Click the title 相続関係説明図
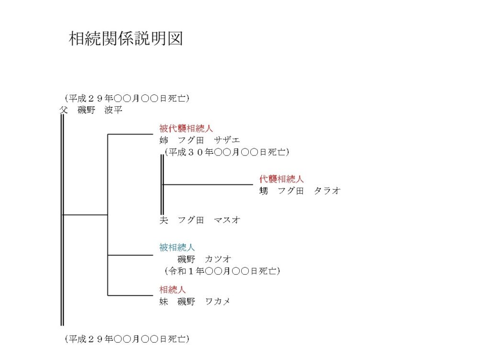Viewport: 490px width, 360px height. click(126, 38)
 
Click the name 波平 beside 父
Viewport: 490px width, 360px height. click(113, 110)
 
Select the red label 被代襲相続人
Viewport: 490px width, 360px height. click(186, 128)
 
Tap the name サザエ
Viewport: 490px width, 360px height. click(227, 140)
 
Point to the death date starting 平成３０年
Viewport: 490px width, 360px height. click(227, 152)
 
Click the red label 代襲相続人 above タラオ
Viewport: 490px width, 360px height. click(281, 179)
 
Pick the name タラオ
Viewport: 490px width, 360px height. click(327, 191)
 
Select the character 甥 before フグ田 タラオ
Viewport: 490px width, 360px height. click(264, 191)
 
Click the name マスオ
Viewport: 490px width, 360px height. click(227, 220)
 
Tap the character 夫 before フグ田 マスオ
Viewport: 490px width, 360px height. click(164, 220)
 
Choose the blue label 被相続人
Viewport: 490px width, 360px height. click(177, 247)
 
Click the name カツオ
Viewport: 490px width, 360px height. click(218, 259)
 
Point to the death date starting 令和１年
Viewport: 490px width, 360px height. click(222, 271)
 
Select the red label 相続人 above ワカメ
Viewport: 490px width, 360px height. click(172, 290)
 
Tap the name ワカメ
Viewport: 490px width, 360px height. click(218, 301)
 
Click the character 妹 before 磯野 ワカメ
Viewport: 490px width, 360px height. click(164, 301)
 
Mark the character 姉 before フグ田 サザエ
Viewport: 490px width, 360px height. click(164, 140)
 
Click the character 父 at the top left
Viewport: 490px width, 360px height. click(64, 110)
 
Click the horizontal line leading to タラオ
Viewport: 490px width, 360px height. click(208, 185)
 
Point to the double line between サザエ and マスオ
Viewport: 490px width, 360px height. click(162, 185)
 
